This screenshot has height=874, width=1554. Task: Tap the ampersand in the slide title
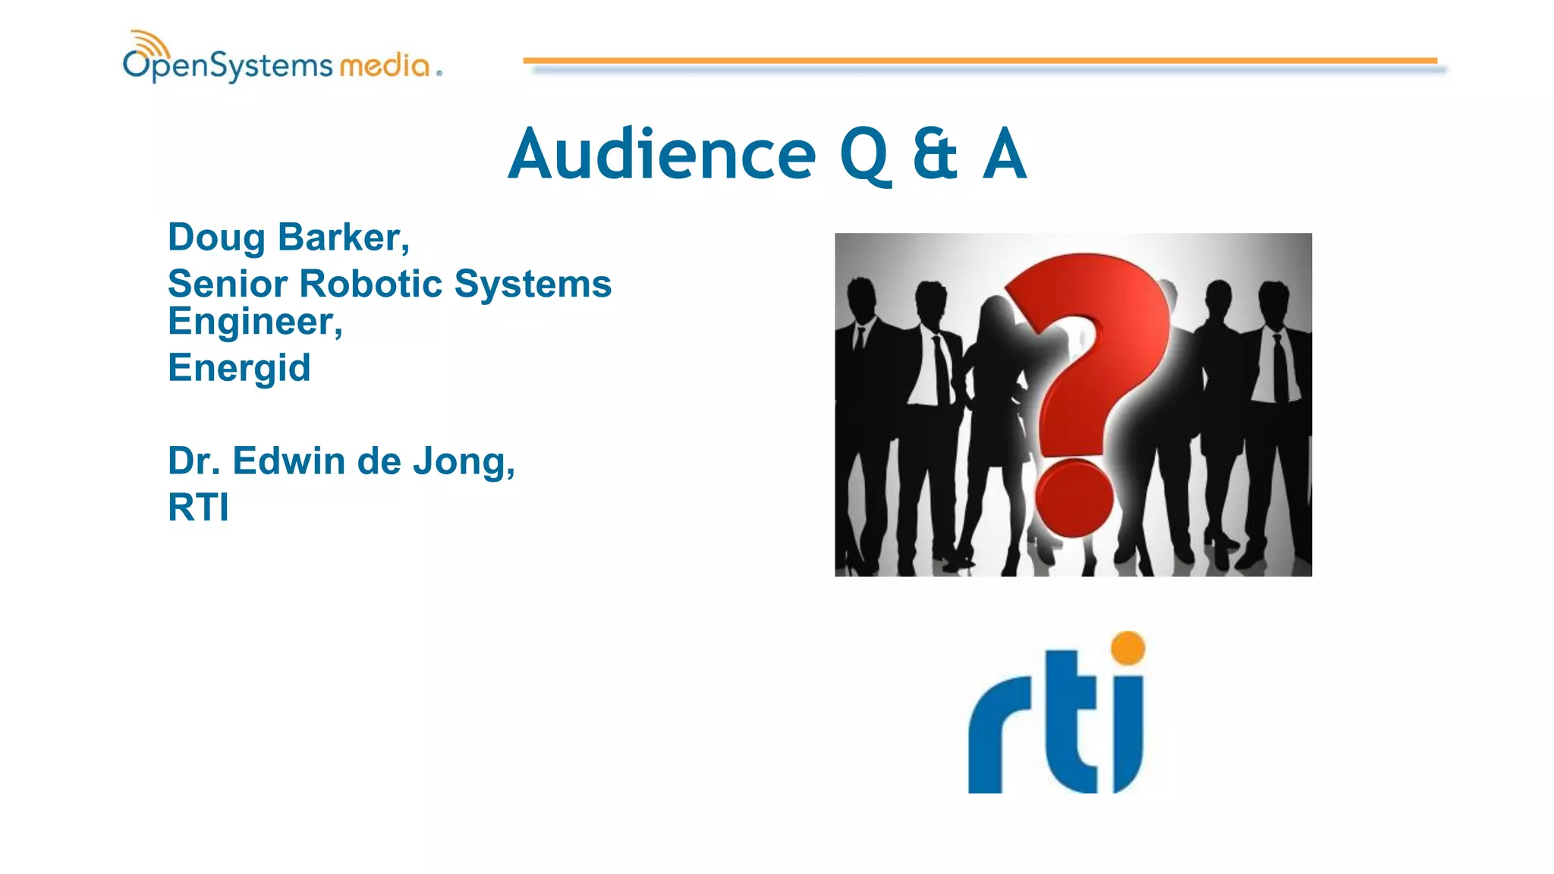click(934, 155)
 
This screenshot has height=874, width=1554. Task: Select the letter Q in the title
click(864, 156)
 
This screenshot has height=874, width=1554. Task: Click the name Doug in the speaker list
click(216, 238)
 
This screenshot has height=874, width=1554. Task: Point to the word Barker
click(342, 238)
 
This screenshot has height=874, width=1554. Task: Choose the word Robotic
click(371, 285)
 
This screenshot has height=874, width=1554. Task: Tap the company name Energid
click(239, 369)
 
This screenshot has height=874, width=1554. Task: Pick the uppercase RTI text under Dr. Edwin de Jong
click(198, 508)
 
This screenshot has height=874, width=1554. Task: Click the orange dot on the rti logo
click(1128, 648)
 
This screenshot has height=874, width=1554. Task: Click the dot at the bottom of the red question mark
click(1074, 497)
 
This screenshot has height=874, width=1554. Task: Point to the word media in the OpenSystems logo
click(385, 66)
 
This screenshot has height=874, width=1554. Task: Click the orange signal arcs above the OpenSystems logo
click(148, 42)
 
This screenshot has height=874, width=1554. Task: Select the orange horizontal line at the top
click(979, 60)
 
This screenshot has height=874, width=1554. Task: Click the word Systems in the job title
click(533, 285)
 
